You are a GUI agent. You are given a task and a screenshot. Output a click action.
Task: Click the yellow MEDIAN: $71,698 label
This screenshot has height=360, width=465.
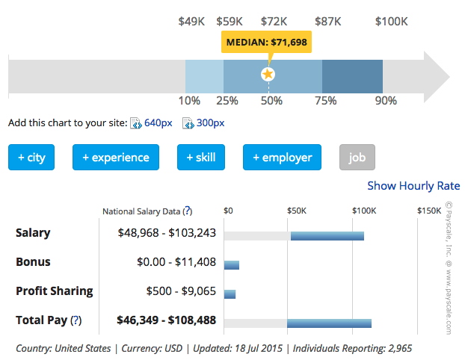pos(266,43)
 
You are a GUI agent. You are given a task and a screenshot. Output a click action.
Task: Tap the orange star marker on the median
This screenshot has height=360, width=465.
pos(268,74)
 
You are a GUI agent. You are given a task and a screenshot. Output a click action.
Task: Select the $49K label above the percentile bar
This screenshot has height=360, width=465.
pos(191,22)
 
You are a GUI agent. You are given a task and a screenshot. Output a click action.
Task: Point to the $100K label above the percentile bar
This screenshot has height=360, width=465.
pos(391,22)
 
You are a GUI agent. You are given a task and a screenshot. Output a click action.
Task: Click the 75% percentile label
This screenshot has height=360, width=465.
pos(325,101)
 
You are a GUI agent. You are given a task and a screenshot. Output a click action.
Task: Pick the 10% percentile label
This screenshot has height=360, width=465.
pos(189,101)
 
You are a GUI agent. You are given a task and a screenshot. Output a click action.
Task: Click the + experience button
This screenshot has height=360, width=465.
pos(116,158)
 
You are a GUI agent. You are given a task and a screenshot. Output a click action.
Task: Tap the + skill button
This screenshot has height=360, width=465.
pos(200,158)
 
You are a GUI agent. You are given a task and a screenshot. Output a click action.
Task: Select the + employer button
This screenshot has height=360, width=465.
pos(282,158)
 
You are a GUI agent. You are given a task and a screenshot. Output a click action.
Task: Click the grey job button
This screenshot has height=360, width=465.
pos(357,158)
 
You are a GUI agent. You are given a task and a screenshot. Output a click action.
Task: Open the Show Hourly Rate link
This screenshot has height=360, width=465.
pos(413,186)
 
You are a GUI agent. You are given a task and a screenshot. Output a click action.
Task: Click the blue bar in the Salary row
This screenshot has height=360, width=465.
pos(327,236)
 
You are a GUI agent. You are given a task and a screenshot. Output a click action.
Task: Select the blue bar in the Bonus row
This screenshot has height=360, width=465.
pos(231,265)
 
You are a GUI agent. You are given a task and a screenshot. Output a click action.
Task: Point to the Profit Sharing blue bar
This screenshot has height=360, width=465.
pos(230,294)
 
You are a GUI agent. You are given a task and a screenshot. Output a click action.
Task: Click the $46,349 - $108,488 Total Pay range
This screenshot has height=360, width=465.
pos(166,320)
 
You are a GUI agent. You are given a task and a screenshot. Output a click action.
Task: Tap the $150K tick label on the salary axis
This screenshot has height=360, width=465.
pos(429,211)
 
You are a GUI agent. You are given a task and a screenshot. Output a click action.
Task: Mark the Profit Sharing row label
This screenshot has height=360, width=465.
pos(55,291)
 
